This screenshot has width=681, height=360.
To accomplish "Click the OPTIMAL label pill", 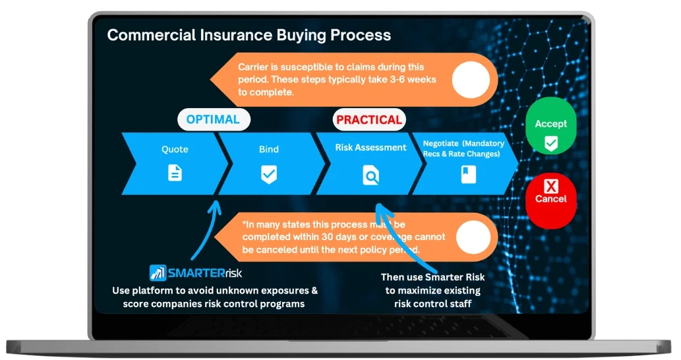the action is point(214,119).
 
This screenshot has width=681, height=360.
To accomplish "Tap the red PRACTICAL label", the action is point(369,119).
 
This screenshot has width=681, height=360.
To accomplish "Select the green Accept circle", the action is point(550,125).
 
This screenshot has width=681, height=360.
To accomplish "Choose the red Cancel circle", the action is point(550,200).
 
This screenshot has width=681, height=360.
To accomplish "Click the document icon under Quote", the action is point(175,173).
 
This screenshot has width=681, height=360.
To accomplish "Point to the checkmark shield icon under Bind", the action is point(269,174).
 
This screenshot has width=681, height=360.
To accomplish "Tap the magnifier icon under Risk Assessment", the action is point(371,175).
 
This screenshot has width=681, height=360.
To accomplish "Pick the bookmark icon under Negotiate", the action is point(468,174).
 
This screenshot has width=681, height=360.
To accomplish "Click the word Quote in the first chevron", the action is point(175,149).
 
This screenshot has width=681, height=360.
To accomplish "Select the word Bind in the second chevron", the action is point(269,149).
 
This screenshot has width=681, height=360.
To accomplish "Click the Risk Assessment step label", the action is point(370,147).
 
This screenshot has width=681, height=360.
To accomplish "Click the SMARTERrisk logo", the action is point(195,273).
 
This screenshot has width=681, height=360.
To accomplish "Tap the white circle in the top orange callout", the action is point(471,80).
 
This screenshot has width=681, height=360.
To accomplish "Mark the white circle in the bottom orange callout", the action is point(473,237).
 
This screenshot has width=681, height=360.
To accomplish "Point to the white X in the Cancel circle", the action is point(551,187).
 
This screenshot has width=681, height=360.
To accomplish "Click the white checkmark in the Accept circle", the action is point(551,143).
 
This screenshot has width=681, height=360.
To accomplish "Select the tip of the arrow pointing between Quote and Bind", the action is point(216,201).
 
